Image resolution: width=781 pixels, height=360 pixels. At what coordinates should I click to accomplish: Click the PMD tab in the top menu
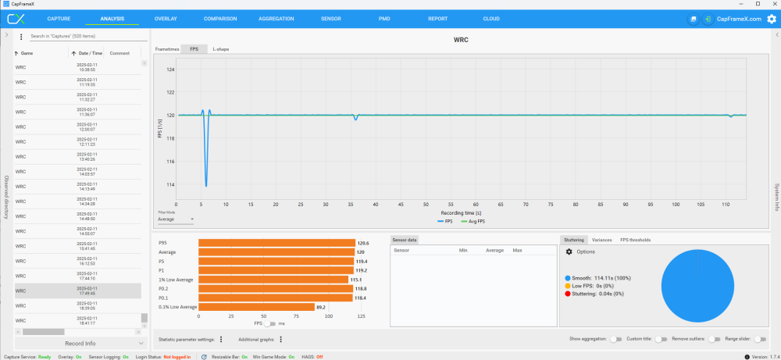point(384,18)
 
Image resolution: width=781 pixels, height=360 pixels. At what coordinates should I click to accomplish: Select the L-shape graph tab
point(221,49)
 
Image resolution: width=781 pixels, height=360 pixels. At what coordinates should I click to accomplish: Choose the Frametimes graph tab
point(167,49)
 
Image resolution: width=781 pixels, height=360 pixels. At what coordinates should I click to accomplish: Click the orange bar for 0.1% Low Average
point(257,307)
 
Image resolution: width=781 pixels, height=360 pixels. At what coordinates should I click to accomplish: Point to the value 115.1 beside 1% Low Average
point(355,280)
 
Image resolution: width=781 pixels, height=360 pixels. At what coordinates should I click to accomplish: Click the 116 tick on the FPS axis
point(171,162)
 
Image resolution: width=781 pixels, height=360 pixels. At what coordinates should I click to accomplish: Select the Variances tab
point(601,240)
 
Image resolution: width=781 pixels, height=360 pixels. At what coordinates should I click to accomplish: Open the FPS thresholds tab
point(635,240)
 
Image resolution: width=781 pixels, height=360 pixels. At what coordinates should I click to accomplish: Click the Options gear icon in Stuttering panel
point(569,251)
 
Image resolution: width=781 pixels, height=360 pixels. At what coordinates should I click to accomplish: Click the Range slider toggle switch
point(760,339)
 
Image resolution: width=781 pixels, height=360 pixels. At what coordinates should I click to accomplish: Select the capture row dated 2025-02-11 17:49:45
point(78,290)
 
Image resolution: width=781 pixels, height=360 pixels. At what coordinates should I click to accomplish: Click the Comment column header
point(119,53)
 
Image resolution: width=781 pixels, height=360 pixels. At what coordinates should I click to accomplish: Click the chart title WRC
point(461,39)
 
